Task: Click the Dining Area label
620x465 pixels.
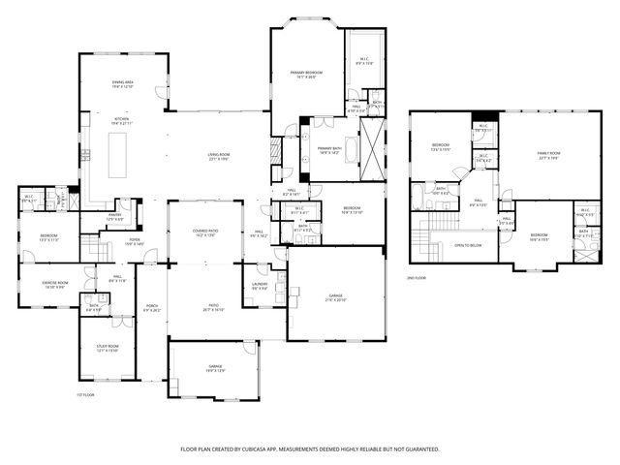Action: pyautogui.click(x=122, y=84)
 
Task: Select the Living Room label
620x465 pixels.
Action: pyautogui.click(x=217, y=157)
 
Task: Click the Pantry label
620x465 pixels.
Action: pyautogui.click(x=114, y=217)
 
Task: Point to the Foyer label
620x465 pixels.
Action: pyautogui.click(x=134, y=241)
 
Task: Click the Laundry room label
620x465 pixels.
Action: pyautogui.click(x=260, y=286)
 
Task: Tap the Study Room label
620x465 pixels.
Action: pyautogui.click(x=108, y=348)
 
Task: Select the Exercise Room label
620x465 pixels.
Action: pyautogui.click(x=53, y=285)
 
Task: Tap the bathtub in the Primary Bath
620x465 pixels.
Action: pyautogui.click(x=352, y=149)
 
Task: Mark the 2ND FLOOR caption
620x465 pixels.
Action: pyautogui.click(x=418, y=278)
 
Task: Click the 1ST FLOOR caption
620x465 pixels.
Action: pyautogui.click(x=85, y=394)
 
